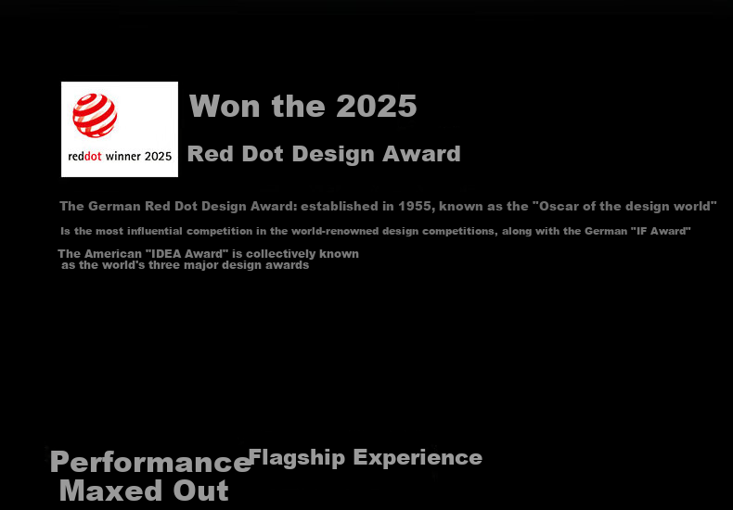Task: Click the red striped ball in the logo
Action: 95,115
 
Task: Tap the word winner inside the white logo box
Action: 122,157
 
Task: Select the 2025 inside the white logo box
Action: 158,157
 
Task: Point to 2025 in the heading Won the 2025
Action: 377,106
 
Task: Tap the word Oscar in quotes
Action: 558,206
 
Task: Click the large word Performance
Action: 151,463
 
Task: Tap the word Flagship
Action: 297,458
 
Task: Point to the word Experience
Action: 418,458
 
